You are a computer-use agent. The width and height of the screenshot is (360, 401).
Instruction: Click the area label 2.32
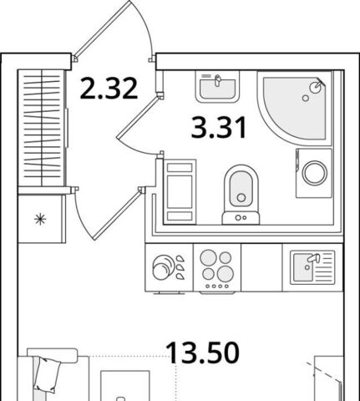click(109, 89)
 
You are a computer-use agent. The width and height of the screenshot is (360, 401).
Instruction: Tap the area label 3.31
click(219, 128)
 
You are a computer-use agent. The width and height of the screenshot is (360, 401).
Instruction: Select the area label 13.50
click(202, 353)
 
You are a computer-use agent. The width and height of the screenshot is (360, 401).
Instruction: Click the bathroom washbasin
click(217, 87)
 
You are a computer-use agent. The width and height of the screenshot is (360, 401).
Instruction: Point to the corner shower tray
click(295, 108)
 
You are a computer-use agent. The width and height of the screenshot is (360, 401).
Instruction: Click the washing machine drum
click(315, 173)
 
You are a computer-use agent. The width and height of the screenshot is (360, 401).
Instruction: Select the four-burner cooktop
click(217, 268)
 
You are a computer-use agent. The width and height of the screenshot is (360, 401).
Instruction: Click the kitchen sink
click(312, 267)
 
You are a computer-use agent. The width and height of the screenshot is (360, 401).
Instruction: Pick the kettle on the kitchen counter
click(162, 267)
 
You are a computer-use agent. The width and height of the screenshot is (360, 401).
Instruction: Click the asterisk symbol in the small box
click(40, 219)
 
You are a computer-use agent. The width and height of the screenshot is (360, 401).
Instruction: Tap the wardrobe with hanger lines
click(42, 128)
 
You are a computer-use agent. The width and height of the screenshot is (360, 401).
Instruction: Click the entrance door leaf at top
click(103, 28)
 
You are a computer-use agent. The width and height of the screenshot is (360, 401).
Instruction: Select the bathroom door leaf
click(139, 116)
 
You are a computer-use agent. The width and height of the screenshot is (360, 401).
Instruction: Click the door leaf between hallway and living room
click(118, 214)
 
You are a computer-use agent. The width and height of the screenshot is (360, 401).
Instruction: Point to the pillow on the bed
click(48, 375)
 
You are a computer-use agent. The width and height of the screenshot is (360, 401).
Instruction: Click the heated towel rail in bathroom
click(180, 192)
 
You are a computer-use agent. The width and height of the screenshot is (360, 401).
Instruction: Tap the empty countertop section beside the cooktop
click(261, 267)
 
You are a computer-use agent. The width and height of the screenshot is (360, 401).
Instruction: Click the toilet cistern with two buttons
click(241, 218)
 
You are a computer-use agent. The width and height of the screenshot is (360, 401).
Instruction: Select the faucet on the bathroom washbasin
click(217, 80)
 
